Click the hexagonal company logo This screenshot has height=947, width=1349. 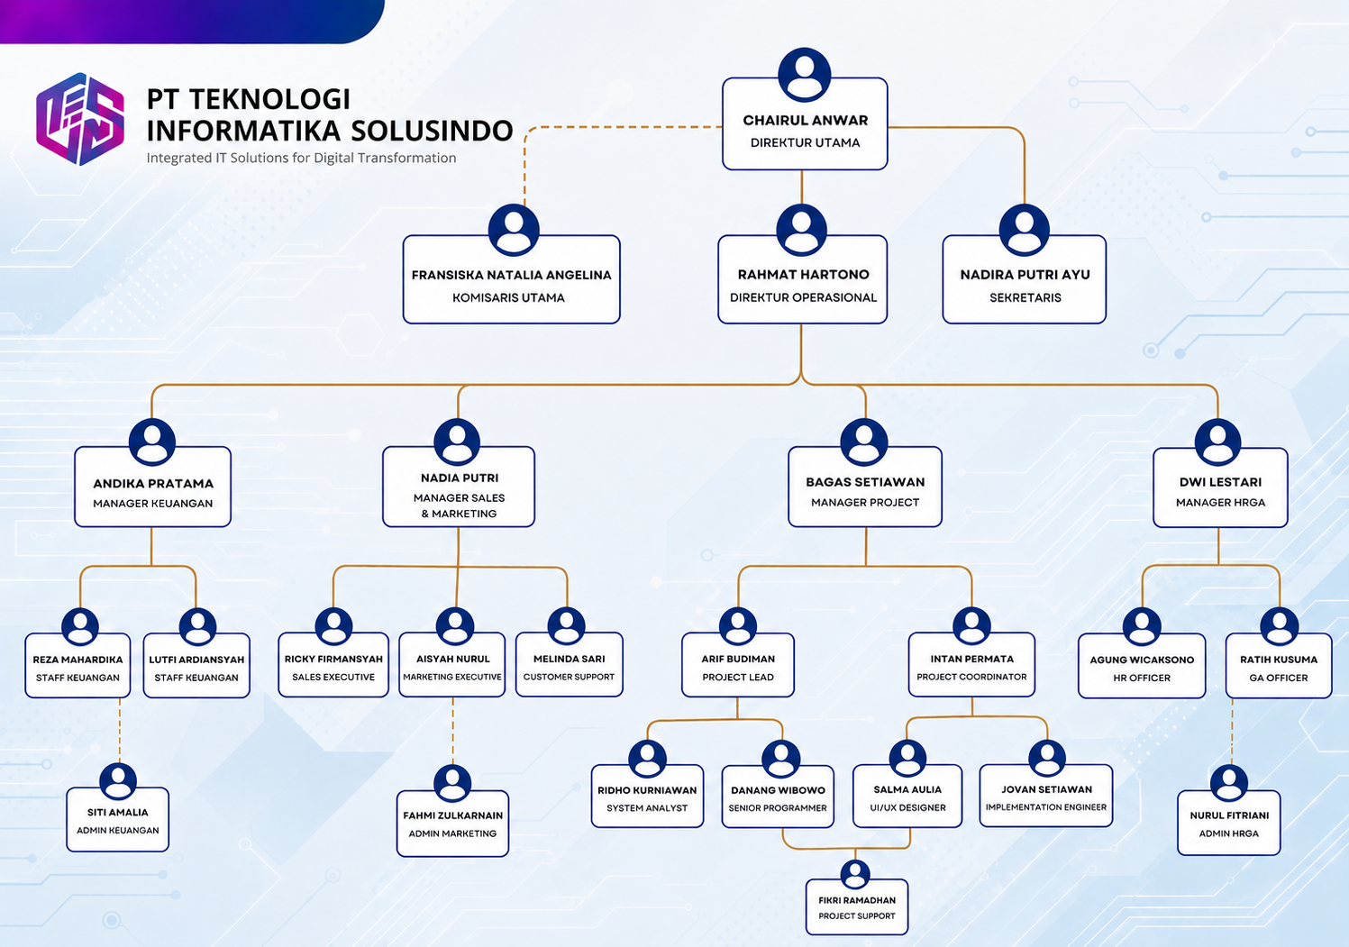point(80,119)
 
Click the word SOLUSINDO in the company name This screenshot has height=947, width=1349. point(432,131)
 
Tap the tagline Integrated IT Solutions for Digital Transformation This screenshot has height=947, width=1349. point(301,158)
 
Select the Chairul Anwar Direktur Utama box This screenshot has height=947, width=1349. point(805,123)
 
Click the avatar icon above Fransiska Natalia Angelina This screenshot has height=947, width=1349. point(513,230)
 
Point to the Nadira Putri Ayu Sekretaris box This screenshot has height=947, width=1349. point(1025,279)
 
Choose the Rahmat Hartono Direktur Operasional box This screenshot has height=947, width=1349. point(802,279)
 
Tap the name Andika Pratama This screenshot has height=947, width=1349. point(153,484)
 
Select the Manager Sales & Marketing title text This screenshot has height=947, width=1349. point(459,505)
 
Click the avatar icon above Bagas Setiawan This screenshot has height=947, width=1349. point(863,442)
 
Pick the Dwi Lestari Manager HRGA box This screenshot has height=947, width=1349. point(1220,487)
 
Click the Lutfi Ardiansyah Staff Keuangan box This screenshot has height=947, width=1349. point(196,665)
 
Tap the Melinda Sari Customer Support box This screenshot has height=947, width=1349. point(570,665)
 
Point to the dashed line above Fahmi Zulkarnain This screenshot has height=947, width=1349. point(453,731)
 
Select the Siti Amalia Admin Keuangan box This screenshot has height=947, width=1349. point(117,819)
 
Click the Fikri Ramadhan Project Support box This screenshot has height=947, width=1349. point(856,907)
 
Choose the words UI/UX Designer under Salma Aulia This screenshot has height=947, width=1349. point(907,808)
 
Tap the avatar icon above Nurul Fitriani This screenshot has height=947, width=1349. point(1228,783)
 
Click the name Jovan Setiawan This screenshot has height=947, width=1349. point(1047,789)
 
